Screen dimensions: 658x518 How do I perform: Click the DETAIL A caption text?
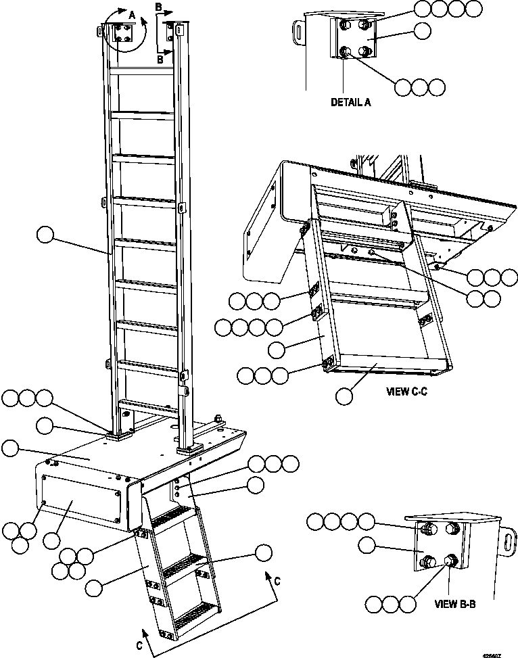coord(351,103)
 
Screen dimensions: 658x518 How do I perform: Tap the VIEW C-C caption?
coord(409,390)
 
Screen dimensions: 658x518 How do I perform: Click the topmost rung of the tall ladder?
coord(143,70)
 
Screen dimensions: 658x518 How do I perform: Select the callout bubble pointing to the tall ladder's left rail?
coord(45,235)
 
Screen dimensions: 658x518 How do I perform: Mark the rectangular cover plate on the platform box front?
coord(81,500)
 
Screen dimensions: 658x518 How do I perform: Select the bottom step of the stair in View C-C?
coord(385,366)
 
